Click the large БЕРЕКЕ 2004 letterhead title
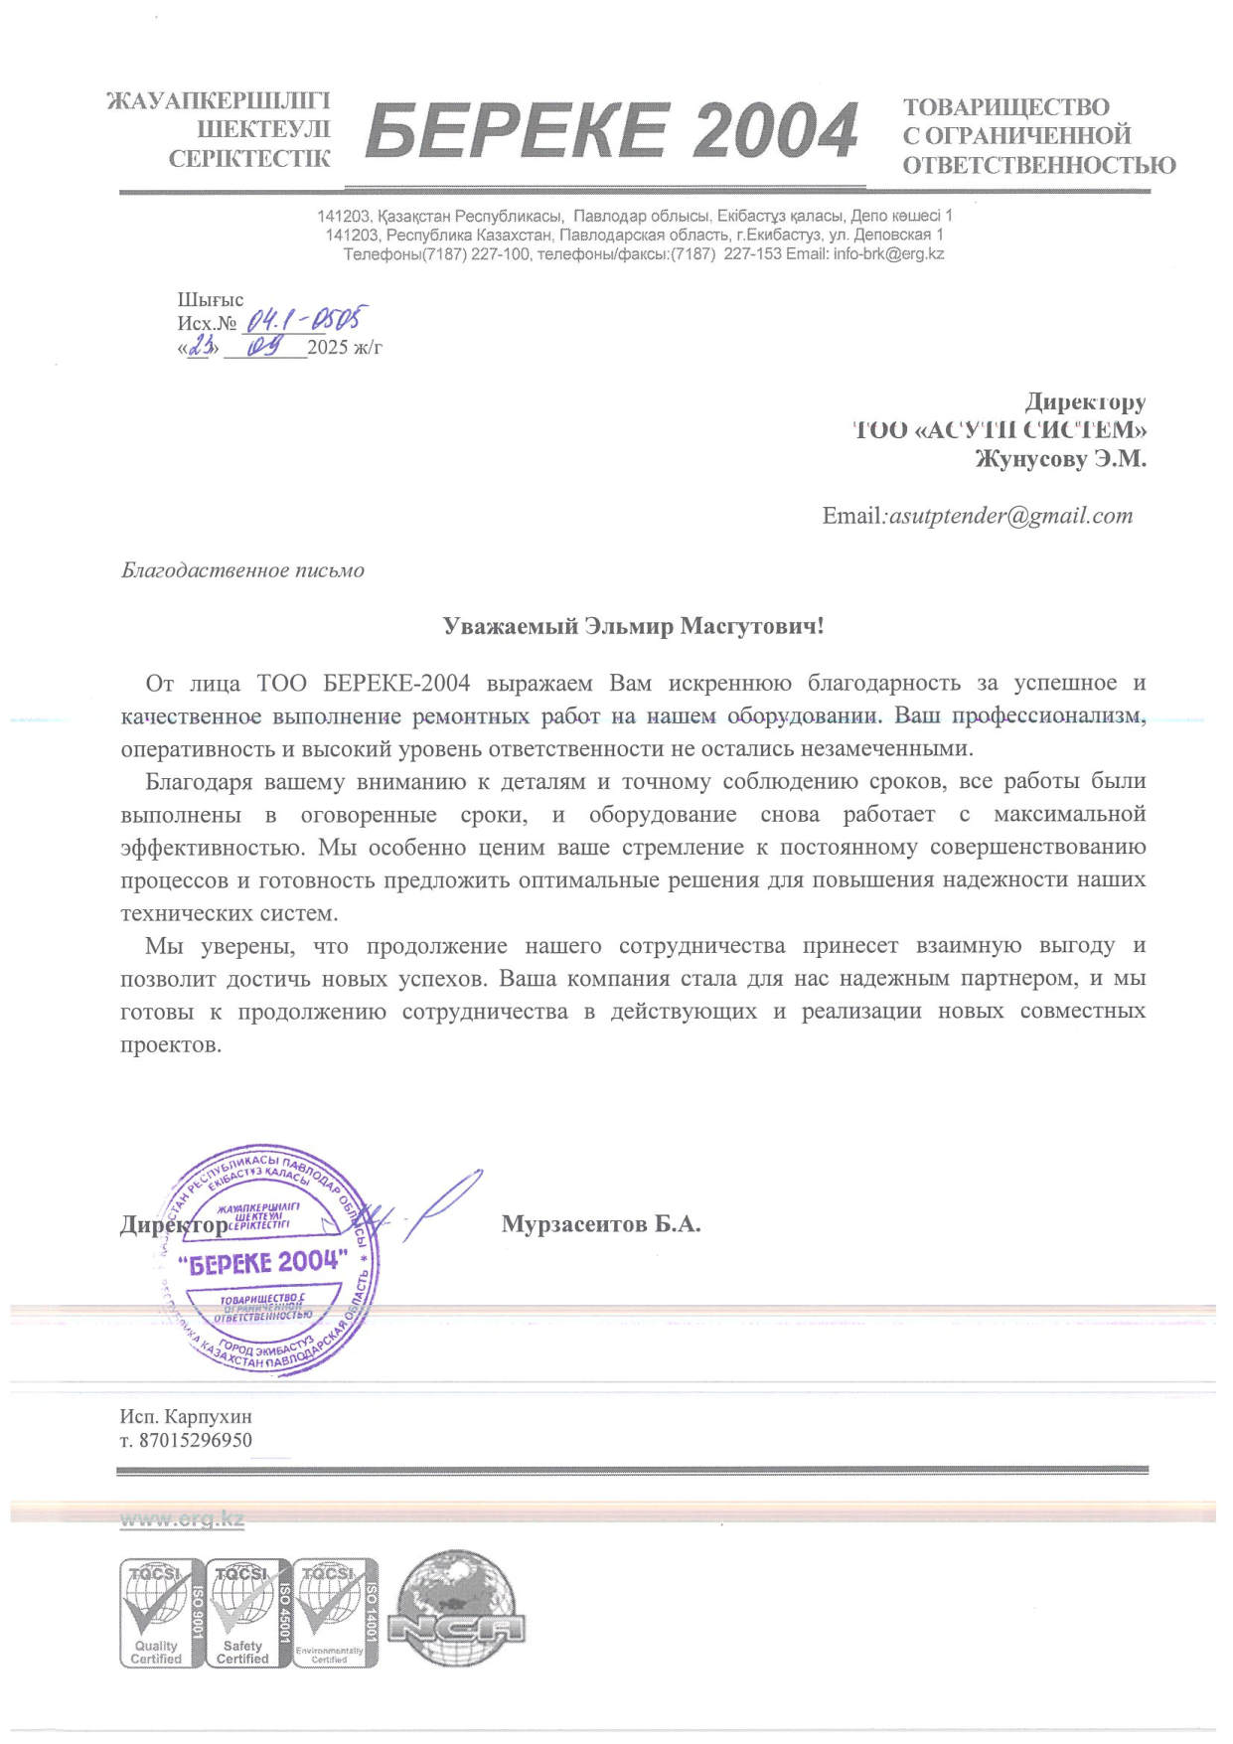(x=611, y=131)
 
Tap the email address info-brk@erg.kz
(x=888, y=253)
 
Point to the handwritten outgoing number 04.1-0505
(x=304, y=319)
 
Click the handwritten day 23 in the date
(x=202, y=346)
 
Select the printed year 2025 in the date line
(x=327, y=347)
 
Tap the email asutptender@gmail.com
(x=1010, y=516)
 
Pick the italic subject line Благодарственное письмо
(x=242, y=570)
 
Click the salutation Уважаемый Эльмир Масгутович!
(x=633, y=626)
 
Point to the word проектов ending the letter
(x=169, y=1044)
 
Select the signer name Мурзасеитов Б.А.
(x=601, y=1224)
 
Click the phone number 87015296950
(x=195, y=1440)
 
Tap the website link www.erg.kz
(x=182, y=1518)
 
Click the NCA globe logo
(x=455, y=1610)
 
